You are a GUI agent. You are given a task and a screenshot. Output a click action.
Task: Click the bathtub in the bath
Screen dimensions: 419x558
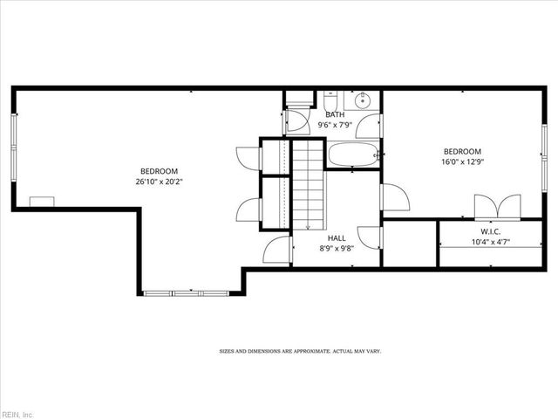point(352,156)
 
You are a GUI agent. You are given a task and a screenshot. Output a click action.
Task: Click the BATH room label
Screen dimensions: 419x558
point(335,114)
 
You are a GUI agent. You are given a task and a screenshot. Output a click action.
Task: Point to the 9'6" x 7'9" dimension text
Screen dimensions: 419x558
point(335,125)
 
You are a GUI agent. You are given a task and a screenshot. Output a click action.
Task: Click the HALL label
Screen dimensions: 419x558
point(337,237)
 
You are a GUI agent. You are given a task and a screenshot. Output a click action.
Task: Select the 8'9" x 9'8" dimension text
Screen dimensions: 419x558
point(337,248)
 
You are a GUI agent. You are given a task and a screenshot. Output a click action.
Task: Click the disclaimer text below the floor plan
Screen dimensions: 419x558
point(299,351)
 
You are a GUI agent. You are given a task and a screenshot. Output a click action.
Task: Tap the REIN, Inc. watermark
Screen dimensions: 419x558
point(17,413)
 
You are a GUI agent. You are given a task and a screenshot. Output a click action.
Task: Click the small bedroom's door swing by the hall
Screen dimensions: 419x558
point(389,197)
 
